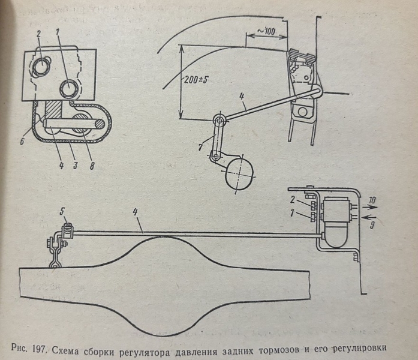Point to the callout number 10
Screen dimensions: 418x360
pyautogui.click(x=372, y=200)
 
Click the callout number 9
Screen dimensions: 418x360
pyautogui.click(x=372, y=226)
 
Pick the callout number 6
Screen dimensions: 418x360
pyautogui.click(x=22, y=141)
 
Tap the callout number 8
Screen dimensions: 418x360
pyautogui.click(x=92, y=166)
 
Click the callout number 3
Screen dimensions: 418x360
pyautogui.click(x=76, y=166)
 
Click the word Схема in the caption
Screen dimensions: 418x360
pyautogui.click(x=65, y=350)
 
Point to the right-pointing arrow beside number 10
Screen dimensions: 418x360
pyautogui.click(x=369, y=206)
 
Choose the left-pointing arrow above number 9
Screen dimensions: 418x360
pyautogui.click(x=369, y=218)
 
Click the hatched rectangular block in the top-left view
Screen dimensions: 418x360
pyautogui.click(x=54, y=110)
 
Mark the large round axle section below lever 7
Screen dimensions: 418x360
pyautogui.click(x=239, y=174)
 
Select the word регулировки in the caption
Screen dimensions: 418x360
pyautogui.click(x=360, y=349)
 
